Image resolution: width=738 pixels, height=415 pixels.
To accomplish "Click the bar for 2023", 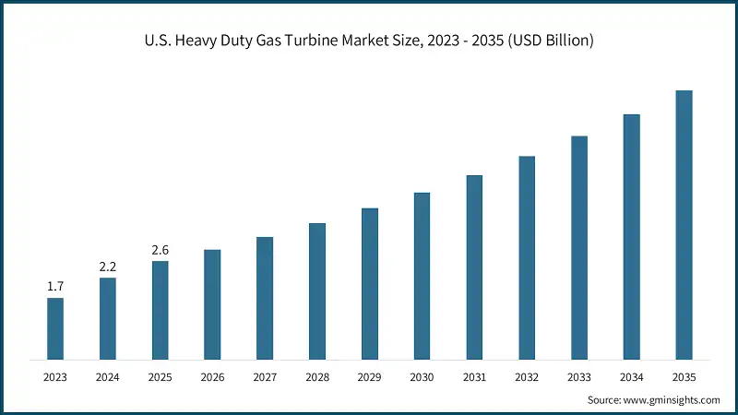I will [55, 328].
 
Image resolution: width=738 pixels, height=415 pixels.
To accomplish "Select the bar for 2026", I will [212, 304].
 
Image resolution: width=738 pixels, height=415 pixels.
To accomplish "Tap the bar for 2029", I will [369, 283].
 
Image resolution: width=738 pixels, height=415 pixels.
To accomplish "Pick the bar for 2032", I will [527, 257].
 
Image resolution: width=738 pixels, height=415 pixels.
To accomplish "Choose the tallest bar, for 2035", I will [684, 224].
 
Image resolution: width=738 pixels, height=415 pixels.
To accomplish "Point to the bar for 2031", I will [474, 267].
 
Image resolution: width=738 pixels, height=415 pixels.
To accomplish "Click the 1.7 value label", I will [55, 287].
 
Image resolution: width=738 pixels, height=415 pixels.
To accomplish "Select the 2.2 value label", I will [108, 267].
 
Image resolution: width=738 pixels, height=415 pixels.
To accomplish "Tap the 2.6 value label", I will [161, 250].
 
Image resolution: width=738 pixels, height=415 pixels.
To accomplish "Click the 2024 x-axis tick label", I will [108, 377].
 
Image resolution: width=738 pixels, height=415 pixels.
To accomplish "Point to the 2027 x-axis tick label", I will [265, 377].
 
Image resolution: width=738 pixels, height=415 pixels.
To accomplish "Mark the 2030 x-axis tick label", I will [422, 377].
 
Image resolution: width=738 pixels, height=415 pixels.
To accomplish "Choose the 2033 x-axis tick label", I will [579, 377].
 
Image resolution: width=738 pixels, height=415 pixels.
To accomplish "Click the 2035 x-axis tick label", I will [684, 377].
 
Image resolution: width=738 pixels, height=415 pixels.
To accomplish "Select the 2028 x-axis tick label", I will [317, 377].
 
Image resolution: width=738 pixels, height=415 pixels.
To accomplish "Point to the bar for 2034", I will [631, 236].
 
